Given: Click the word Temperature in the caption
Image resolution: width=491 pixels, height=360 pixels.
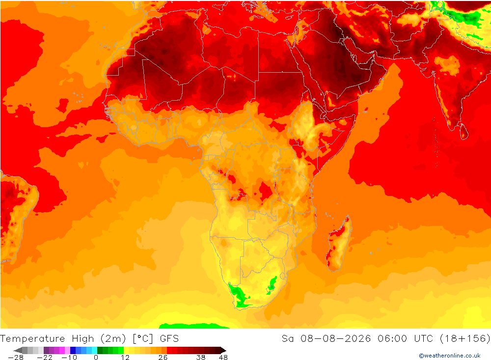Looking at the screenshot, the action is pos(32,339).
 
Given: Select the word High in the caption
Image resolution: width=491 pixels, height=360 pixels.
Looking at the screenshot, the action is pos(83,339).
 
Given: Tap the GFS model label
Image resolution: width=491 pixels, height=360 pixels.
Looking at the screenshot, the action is pos(169,339).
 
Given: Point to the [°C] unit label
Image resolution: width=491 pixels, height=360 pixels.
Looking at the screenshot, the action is pos(143,339).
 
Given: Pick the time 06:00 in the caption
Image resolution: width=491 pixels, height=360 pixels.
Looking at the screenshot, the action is pos(392,339).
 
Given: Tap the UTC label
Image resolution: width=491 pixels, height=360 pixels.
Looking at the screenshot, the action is pos(424,339).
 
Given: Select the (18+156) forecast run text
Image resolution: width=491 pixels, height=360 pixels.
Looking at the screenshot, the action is pos(465,339).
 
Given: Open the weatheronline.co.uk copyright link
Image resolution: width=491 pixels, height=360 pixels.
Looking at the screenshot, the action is pos(450,356).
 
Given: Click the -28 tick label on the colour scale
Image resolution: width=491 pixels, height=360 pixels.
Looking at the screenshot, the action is pos(16,358).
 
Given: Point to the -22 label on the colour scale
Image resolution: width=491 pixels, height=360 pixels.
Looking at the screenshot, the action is pos(45,358).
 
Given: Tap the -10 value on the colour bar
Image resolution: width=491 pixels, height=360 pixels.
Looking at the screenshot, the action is pos(69,358).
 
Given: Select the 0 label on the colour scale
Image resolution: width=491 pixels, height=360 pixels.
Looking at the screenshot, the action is pos(96,358).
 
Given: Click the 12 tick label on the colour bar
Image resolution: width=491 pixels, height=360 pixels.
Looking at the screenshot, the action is pos(125,358).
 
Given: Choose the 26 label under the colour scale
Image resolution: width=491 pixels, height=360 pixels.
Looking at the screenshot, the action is pos(163,358).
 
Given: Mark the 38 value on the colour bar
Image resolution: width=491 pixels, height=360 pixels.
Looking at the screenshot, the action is pos(201,358).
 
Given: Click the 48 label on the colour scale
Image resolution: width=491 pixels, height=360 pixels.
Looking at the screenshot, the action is pos(223,358).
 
